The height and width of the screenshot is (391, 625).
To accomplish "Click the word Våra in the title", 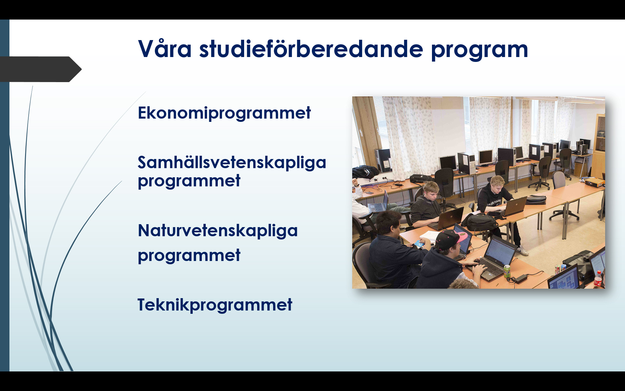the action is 165,49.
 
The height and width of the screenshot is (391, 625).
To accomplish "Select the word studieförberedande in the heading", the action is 311,49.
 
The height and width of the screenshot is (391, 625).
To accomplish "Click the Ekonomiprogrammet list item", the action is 224,113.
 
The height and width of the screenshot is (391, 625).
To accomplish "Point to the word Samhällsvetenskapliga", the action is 232,162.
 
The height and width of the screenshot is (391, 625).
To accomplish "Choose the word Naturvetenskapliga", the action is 218,231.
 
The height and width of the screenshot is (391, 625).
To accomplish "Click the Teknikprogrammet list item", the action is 215,305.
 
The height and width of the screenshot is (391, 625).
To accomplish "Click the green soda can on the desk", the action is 507,271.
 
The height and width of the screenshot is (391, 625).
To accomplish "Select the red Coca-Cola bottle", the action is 598,280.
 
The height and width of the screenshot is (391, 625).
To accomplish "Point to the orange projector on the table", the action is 595,181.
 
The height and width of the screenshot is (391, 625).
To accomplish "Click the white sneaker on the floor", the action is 523,250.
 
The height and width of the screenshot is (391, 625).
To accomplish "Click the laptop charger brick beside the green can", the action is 522,278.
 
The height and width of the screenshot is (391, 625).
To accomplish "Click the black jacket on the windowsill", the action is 365,171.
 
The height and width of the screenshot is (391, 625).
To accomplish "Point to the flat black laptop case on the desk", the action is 536,199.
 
